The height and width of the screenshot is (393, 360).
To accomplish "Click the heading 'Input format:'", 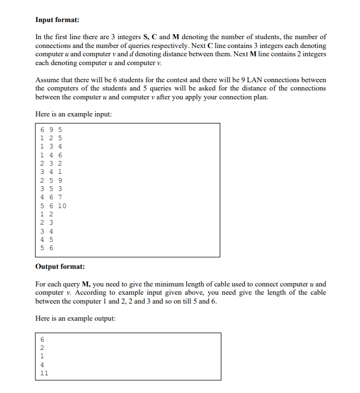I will point(57,20).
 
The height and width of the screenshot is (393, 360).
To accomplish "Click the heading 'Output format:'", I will point(60,267).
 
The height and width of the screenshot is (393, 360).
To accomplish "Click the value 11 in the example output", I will point(44,373).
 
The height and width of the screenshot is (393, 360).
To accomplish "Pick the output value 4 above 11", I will point(42,364).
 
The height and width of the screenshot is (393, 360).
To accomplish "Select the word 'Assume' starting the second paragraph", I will point(47,80).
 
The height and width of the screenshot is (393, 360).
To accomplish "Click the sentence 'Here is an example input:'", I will point(73,114).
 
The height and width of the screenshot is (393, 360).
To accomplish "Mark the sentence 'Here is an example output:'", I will point(75,318).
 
